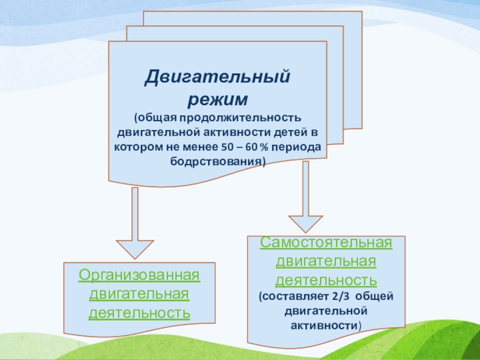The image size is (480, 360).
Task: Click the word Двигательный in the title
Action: (x=218, y=77)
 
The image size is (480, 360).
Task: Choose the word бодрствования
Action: (x=216, y=162)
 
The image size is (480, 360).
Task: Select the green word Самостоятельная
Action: (x=326, y=243)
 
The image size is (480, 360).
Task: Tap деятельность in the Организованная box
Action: (x=139, y=313)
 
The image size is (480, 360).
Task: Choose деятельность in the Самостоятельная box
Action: (x=326, y=280)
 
